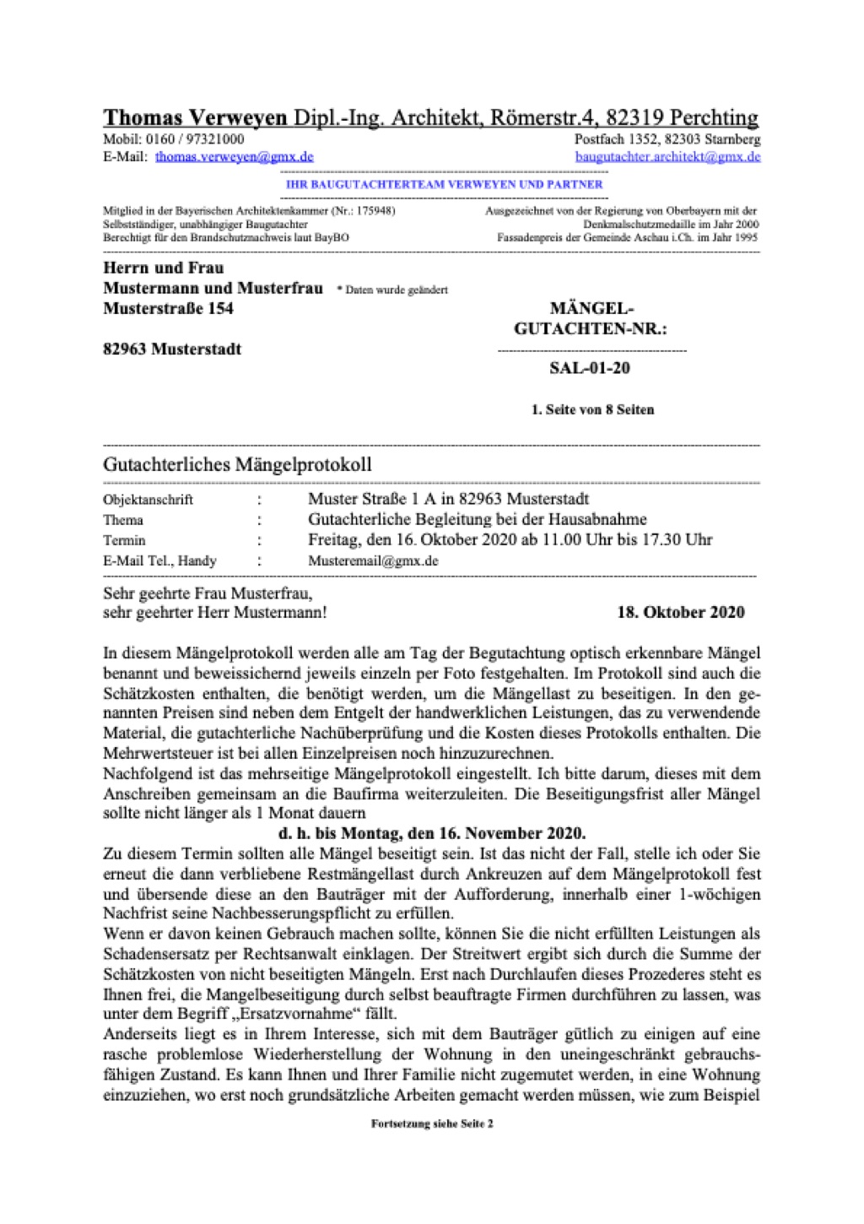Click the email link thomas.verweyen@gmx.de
point(234,157)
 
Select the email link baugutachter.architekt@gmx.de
point(667,157)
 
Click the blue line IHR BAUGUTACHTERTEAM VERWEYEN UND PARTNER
point(444,184)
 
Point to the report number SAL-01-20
point(590,368)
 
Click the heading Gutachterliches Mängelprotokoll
point(237,464)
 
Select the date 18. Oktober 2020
point(680,612)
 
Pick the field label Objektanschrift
point(148,500)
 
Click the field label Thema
point(123,520)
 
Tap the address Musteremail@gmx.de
point(373,561)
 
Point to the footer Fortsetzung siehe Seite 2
point(432,1124)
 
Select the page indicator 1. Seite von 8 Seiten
point(592,410)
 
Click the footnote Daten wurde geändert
point(392,290)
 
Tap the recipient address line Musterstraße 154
point(168,309)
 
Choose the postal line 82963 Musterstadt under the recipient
point(172,349)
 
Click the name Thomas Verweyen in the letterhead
point(195,117)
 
